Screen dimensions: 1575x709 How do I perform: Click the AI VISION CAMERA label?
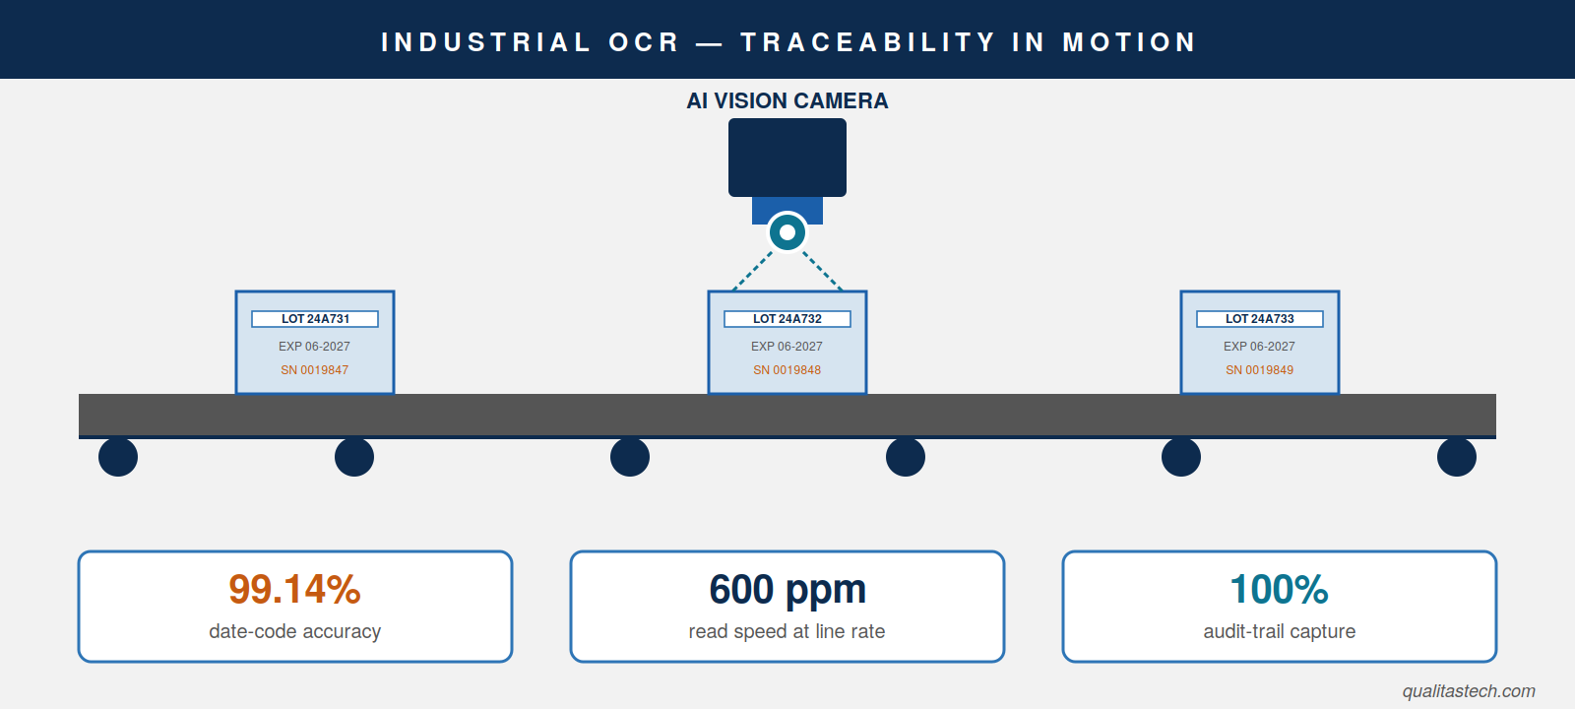(787, 100)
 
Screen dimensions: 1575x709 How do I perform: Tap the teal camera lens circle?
(787, 232)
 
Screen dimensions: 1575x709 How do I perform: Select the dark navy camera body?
(787, 158)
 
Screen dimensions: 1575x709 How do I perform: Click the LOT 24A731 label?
(315, 319)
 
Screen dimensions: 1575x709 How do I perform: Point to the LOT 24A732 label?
(787, 319)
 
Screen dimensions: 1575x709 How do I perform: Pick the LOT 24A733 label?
(1260, 319)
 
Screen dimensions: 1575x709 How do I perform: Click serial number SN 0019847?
(315, 370)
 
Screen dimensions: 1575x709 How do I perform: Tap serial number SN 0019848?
(787, 370)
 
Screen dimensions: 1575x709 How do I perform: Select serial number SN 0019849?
(1260, 370)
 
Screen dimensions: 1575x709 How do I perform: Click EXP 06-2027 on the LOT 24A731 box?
(314, 346)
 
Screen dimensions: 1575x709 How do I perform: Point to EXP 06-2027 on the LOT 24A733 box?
(1259, 346)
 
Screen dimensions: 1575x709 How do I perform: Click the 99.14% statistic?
(294, 590)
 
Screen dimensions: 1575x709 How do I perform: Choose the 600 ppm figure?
(787, 591)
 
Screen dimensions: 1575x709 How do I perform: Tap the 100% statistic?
(1280, 590)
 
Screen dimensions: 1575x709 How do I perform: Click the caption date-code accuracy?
(294, 631)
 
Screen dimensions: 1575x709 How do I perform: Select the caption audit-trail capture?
(1280, 631)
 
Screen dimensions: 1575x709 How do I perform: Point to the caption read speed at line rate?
(787, 631)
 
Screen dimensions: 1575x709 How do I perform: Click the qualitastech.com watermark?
(1469, 691)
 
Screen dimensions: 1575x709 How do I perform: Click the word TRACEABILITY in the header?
(868, 42)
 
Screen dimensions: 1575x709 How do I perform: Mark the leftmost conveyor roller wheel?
(118, 457)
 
